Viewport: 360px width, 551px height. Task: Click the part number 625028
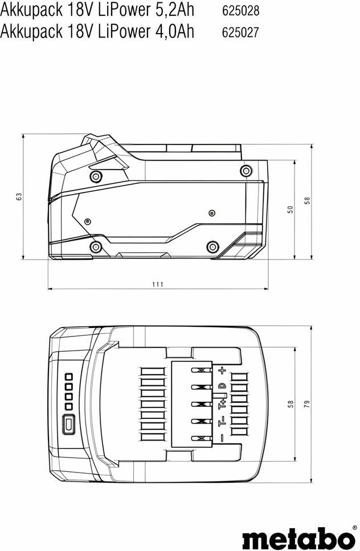click(x=241, y=11)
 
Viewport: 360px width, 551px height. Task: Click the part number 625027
click(x=240, y=32)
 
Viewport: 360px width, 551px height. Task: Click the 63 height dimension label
click(x=19, y=196)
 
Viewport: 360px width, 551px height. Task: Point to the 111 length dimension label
click(x=158, y=284)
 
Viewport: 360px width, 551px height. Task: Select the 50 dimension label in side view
click(x=290, y=210)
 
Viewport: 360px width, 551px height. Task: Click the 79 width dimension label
click(x=307, y=404)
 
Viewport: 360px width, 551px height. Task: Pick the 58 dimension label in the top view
click(x=291, y=404)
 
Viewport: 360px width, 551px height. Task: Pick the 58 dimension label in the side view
click(x=307, y=201)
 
